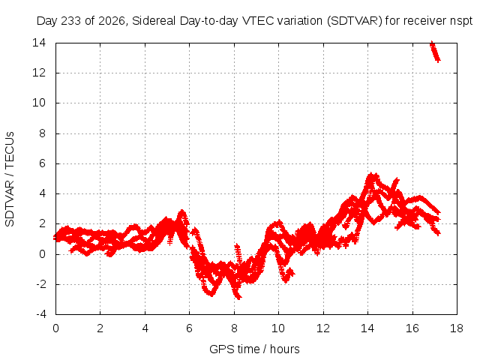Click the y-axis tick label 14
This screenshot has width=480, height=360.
(x=39, y=43)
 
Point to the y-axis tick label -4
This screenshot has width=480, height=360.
(x=40, y=314)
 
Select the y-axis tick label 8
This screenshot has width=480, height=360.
(x=42, y=133)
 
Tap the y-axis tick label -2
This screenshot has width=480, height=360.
(x=40, y=284)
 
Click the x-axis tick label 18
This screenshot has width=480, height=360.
(x=457, y=328)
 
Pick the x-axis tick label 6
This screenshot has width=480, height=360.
(x=189, y=328)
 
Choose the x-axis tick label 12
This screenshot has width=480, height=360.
(x=323, y=328)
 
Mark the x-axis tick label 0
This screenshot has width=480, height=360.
(x=55, y=328)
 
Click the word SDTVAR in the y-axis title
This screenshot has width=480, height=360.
(x=10, y=203)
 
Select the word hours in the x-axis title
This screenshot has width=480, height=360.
(x=285, y=349)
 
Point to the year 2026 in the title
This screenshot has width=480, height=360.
(x=112, y=21)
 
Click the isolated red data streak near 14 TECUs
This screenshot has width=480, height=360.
(x=435, y=52)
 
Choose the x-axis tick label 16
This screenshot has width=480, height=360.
(x=412, y=328)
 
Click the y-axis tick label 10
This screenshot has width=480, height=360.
(x=39, y=103)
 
